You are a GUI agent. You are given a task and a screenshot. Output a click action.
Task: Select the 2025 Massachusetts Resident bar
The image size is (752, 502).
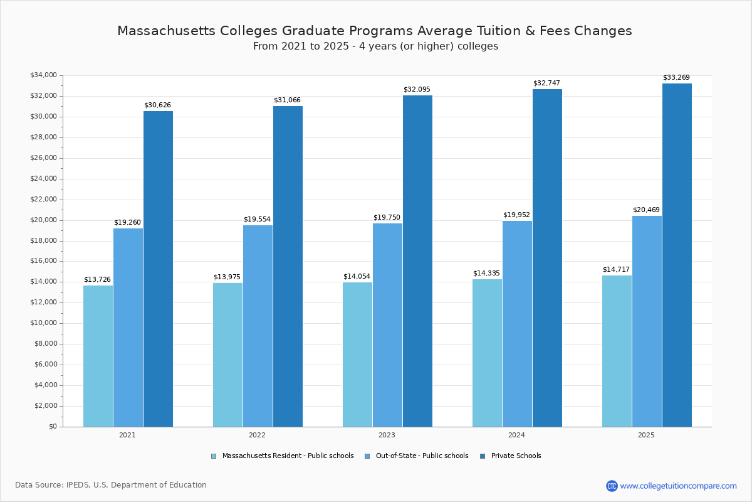(617, 351)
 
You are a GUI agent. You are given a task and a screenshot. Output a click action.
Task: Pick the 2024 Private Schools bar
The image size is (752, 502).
(547, 257)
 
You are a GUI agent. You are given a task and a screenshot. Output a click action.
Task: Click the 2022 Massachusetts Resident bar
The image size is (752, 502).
(227, 355)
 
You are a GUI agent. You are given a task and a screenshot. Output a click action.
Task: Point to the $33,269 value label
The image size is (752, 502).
(676, 78)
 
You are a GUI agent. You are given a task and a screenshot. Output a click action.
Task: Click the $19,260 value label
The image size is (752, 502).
(127, 223)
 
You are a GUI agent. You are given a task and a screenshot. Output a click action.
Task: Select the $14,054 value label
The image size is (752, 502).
(357, 277)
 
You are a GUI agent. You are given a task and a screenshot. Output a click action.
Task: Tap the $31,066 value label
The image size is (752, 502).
(287, 100)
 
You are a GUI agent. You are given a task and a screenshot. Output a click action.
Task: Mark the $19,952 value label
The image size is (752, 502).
(516, 215)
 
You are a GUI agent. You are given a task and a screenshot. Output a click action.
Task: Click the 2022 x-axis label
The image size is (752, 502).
(257, 435)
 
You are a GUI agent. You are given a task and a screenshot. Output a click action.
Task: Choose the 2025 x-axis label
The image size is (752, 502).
(646, 435)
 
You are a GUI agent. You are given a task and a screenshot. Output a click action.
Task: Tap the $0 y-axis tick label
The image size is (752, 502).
(53, 427)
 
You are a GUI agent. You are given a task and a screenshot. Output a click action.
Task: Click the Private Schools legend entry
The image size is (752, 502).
(515, 456)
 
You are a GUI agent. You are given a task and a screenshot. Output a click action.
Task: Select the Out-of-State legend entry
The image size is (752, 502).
(421, 456)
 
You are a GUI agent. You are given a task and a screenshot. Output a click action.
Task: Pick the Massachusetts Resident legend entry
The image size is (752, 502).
(287, 456)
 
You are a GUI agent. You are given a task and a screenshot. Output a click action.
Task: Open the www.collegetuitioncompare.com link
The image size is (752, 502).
(678, 486)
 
